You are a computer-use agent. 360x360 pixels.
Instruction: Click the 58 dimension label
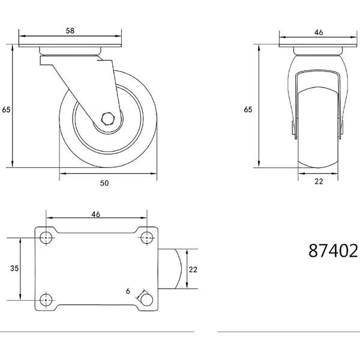[70, 31]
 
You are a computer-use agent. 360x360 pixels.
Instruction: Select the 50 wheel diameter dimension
[104, 183]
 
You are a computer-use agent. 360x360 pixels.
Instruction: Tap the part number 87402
[333, 251]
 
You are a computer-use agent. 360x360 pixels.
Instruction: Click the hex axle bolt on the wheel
[107, 119]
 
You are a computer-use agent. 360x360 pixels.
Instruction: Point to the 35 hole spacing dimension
[14, 268]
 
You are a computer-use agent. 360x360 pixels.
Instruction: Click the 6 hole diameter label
[128, 291]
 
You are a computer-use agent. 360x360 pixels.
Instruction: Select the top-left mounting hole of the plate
[46, 238]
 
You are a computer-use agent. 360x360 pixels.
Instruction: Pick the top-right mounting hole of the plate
[147, 238]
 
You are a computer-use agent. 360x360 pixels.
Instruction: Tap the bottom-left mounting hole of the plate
[46, 300]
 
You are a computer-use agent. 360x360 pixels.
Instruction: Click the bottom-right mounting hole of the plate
[147, 300]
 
